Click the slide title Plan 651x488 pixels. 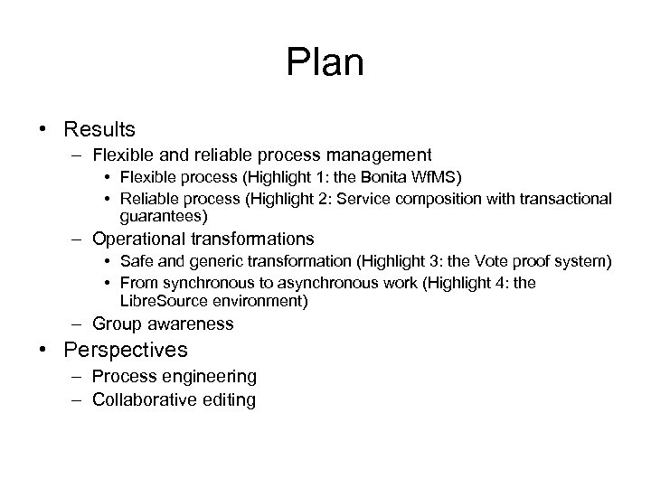point(325,63)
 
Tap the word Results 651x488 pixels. point(100,129)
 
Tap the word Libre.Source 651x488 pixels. point(167,300)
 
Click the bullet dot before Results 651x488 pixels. point(44,129)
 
